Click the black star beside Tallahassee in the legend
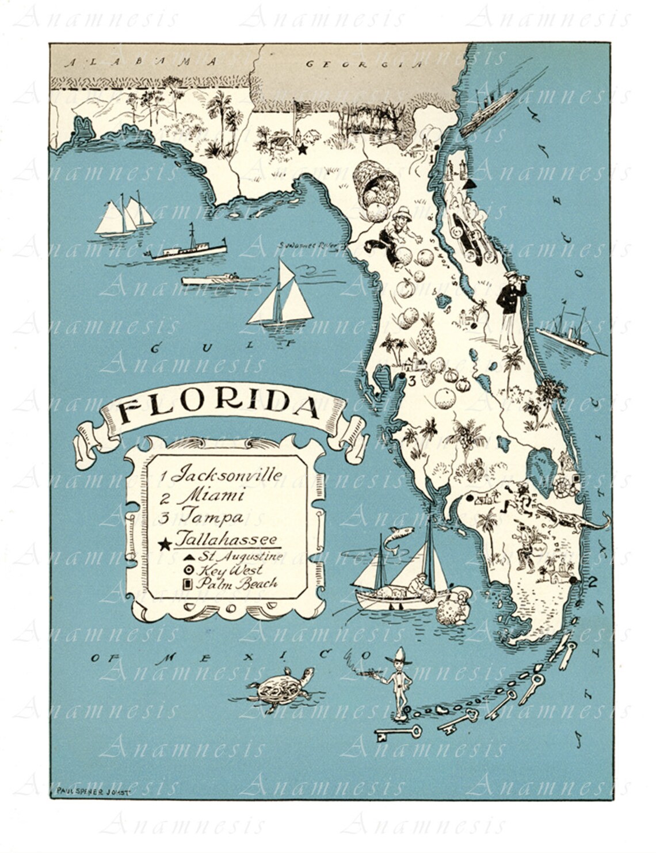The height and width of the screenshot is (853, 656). pos(165,543)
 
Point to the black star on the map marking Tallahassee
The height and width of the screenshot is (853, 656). pos(302,149)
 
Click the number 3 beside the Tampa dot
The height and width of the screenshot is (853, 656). pos(411,380)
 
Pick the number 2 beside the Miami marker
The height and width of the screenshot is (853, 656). pos(592,581)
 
